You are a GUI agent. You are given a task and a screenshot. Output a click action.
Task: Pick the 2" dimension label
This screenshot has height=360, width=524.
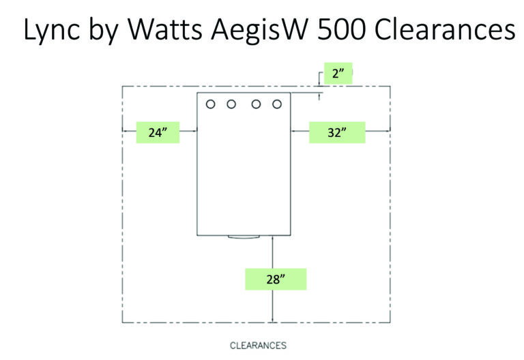tap(338, 73)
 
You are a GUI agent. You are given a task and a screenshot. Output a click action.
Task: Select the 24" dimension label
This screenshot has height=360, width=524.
tap(158, 132)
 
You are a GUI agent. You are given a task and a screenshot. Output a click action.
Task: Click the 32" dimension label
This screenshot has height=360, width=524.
tap(336, 132)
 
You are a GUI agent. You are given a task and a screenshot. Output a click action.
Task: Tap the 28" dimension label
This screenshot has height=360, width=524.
tap(276, 278)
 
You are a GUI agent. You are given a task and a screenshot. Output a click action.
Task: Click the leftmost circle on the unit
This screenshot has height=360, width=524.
tap(211, 104)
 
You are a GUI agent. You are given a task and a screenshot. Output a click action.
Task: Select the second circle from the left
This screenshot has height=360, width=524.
tap(231, 104)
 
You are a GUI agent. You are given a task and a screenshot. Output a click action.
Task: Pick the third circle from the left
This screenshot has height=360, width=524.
tap(256, 104)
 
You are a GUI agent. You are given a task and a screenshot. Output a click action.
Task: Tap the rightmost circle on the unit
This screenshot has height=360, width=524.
tap(277, 104)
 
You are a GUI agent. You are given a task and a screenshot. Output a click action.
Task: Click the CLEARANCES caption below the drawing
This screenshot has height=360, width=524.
tap(258, 345)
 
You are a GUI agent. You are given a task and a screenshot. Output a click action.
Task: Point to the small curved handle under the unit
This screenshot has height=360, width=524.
tap(244, 237)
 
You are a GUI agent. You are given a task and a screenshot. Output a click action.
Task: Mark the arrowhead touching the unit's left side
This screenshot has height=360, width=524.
tap(194, 132)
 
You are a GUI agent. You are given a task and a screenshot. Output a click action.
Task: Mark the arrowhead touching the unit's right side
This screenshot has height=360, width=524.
tap(295, 132)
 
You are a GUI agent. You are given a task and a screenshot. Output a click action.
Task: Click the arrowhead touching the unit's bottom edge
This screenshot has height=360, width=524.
tap(272, 239)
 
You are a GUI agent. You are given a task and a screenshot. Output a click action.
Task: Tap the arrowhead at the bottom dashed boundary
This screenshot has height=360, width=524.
tap(272, 320)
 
